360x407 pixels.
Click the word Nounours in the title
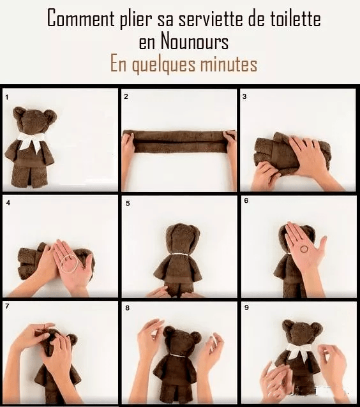pos(195,41)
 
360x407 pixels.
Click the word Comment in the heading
pos(81,18)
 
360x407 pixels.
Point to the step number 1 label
pos(7,98)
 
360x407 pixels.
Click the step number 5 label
pos(128,204)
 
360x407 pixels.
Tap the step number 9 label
pos(246,307)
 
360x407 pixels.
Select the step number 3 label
pos(244,96)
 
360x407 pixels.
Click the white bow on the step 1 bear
pos(31,141)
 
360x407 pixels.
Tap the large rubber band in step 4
pos(69,264)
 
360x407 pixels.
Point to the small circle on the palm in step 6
pos(304,249)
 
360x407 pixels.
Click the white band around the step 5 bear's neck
pos(180,255)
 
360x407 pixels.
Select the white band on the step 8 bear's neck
pos(178,355)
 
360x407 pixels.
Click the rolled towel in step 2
pos(179,142)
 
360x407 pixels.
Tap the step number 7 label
pos(7,306)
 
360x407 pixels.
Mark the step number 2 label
pos(126,96)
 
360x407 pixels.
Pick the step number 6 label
pos(246,201)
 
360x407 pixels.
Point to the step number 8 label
pos(127,308)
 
